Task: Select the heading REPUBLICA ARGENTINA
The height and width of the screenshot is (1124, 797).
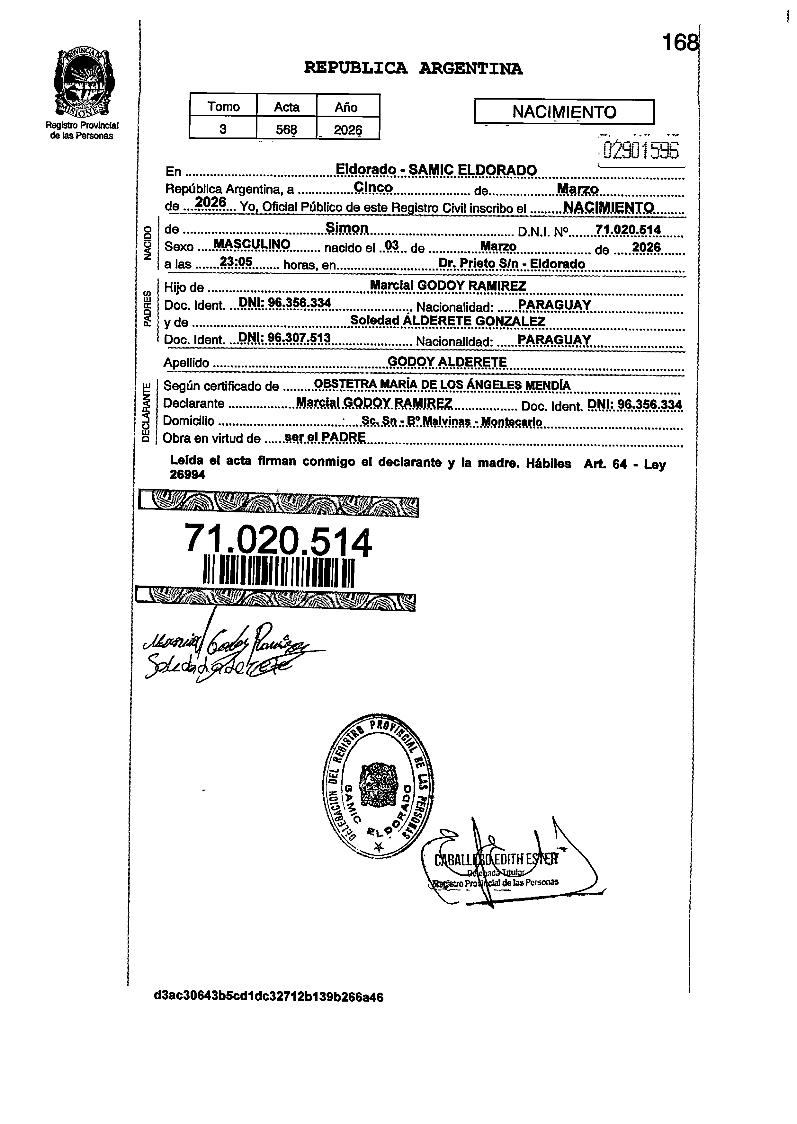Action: click(413, 68)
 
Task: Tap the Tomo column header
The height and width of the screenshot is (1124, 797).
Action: click(223, 106)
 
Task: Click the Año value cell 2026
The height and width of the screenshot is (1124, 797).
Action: click(348, 129)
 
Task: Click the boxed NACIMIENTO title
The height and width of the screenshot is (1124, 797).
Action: click(564, 112)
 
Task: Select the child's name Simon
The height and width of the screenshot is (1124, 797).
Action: click(347, 228)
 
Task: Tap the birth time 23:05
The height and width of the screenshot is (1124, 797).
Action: click(236, 262)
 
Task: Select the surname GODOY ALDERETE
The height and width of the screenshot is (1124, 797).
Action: click(447, 362)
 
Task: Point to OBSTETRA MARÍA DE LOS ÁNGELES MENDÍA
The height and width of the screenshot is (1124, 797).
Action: click(442, 385)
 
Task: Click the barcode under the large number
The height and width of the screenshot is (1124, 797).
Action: click(278, 571)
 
